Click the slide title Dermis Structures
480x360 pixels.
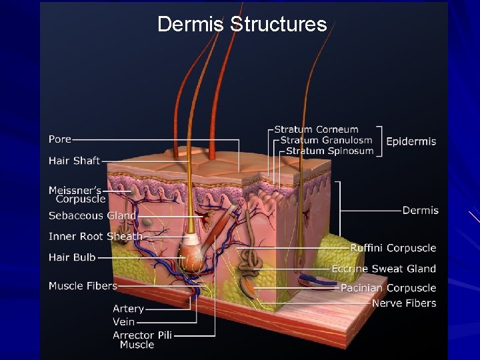click(x=242, y=25)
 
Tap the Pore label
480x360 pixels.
click(x=59, y=139)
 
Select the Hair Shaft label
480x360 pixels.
click(x=74, y=161)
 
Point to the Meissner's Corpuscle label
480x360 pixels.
click(x=77, y=195)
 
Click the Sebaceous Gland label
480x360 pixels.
click(x=92, y=215)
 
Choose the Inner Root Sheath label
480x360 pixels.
click(x=95, y=236)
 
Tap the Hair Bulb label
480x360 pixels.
click(x=72, y=257)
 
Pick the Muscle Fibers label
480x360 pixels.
click(x=83, y=286)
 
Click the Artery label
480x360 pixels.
click(x=128, y=309)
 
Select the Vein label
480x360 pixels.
click(x=124, y=322)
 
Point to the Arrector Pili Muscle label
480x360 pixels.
click(x=142, y=339)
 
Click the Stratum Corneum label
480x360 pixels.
click(x=317, y=129)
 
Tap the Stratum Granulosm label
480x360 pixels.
click(x=326, y=140)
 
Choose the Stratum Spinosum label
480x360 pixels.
click(x=329, y=151)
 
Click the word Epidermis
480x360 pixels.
click(x=411, y=141)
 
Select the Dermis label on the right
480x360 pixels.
click(x=420, y=210)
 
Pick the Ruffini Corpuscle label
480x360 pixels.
click(x=393, y=248)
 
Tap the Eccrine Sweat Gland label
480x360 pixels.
click(x=384, y=269)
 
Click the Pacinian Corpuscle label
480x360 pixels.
click(x=388, y=288)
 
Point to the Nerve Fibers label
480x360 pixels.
click(x=404, y=303)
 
